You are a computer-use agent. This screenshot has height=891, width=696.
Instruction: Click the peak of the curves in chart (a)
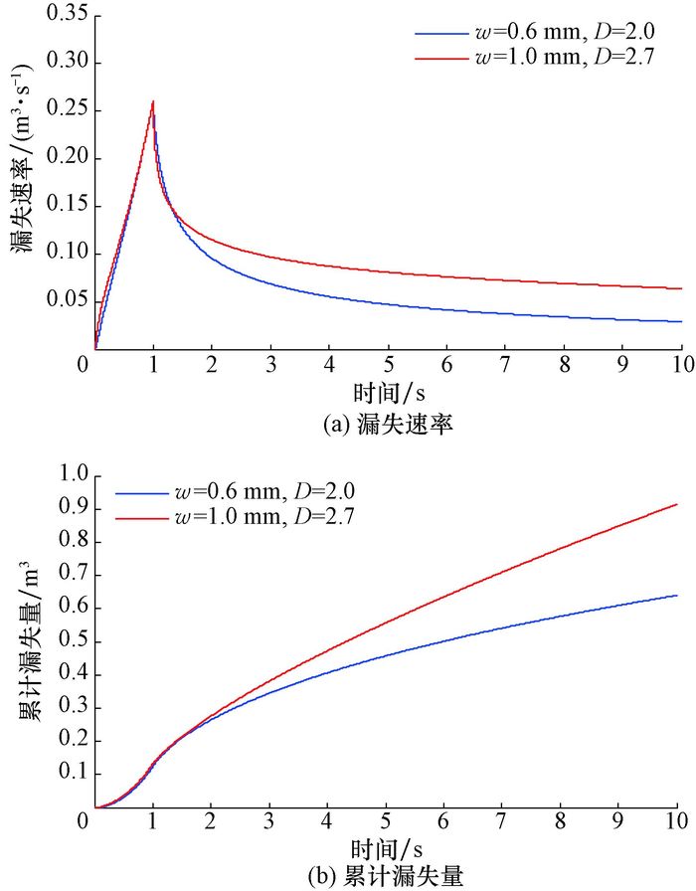point(153,101)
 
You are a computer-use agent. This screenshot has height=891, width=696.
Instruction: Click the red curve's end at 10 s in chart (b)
point(677,504)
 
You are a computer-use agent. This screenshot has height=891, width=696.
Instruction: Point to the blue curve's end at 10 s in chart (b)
point(677,596)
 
